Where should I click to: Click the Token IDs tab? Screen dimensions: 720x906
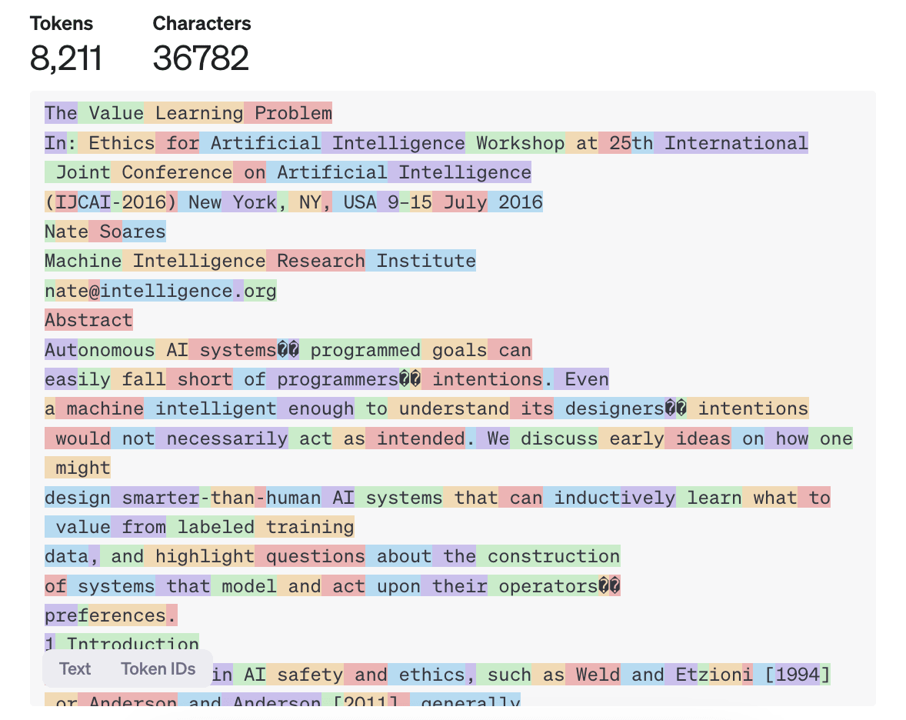158,668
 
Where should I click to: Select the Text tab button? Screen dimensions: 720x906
75,668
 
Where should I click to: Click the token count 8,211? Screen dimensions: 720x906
65,58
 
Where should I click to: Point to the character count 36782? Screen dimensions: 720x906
201,58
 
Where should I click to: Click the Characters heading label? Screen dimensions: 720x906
202,24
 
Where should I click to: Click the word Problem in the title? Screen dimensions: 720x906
293,114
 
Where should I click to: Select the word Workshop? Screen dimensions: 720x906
520,143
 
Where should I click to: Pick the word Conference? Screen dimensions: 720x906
176,172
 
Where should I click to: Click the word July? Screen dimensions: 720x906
465,202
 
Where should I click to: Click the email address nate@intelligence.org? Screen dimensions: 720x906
160,291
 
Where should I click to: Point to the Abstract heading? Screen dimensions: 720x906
88,320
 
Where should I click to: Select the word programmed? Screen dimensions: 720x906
365,350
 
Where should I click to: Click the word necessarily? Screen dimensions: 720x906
227,438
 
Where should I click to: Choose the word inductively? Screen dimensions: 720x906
615,498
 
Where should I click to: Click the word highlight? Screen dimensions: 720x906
205,556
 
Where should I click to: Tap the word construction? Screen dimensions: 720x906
553,556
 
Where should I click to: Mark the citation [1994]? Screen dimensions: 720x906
797,675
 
